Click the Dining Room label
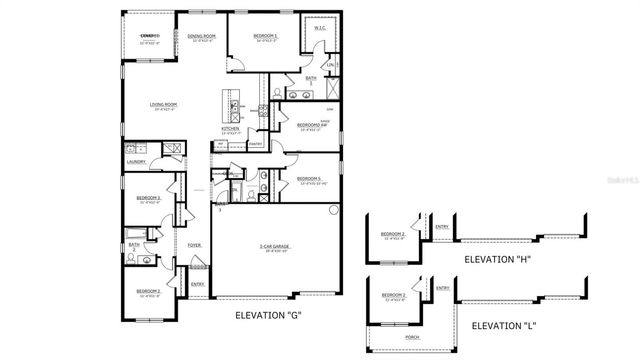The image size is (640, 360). click(x=202, y=36)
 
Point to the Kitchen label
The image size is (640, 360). click(x=229, y=128)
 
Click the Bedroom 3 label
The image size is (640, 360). click(x=149, y=198)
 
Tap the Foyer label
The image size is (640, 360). click(x=193, y=244)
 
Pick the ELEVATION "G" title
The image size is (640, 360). click(x=267, y=315)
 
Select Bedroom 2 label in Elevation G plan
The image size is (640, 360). click(x=149, y=292)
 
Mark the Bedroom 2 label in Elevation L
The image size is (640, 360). click(x=393, y=296)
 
